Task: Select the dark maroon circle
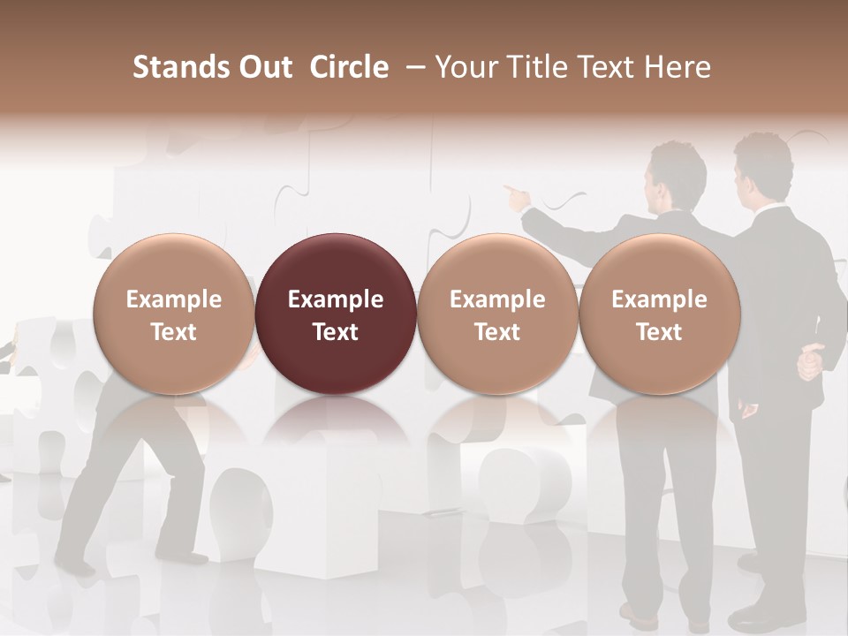(x=336, y=314)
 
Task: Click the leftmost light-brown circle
(x=174, y=314)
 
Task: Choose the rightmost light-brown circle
(x=660, y=314)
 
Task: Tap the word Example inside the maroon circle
(x=336, y=299)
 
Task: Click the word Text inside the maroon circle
(x=336, y=332)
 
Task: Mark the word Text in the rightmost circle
(x=660, y=332)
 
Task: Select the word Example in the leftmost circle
(x=174, y=299)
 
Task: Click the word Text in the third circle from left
(x=497, y=332)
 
